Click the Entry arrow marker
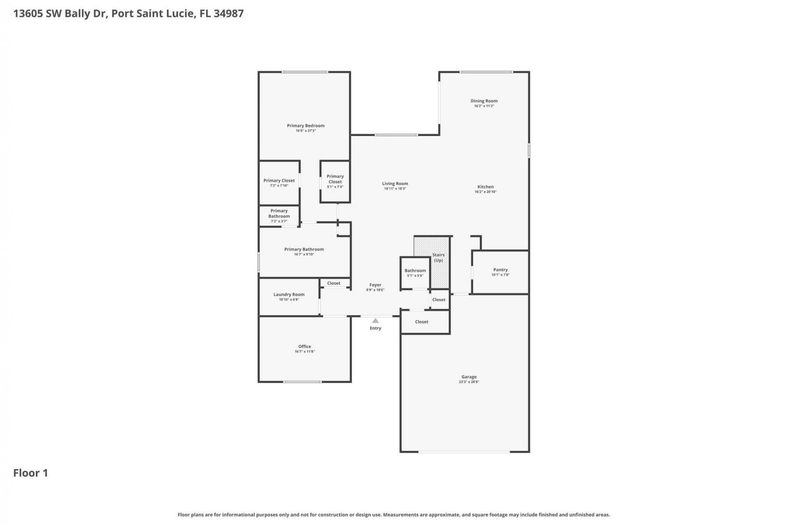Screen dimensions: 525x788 pyautogui.click(x=375, y=321)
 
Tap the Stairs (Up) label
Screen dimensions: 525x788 pyautogui.click(x=438, y=258)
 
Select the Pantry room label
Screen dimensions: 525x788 pyautogui.click(x=500, y=270)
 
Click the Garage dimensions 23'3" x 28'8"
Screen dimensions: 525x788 pyautogui.click(x=469, y=382)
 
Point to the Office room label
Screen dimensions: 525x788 pyautogui.click(x=305, y=347)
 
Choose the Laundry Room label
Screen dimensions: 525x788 pyautogui.click(x=289, y=294)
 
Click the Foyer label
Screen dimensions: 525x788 pyautogui.click(x=375, y=285)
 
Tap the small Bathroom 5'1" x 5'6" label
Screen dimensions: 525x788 pyautogui.click(x=415, y=271)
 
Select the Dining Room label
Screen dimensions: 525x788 pyautogui.click(x=484, y=101)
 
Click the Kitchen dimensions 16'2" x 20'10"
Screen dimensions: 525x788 pyautogui.click(x=486, y=192)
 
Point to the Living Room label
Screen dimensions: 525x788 pyautogui.click(x=395, y=184)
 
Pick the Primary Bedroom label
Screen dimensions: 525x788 pyautogui.click(x=305, y=126)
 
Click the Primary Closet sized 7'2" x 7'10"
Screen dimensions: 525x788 pyautogui.click(x=279, y=181)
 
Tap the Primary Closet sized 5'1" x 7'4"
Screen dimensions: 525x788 pyautogui.click(x=335, y=179)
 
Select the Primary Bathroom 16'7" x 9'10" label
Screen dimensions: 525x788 pyautogui.click(x=304, y=249)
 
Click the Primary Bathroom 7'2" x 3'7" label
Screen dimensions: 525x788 pyautogui.click(x=279, y=214)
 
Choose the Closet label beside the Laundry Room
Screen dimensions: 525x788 pyautogui.click(x=334, y=283)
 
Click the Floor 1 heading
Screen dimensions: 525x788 pyautogui.click(x=31, y=473)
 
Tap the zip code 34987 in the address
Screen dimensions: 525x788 pyautogui.click(x=229, y=14)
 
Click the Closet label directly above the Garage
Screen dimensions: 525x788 pyautogui.click(x=421, y=322)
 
